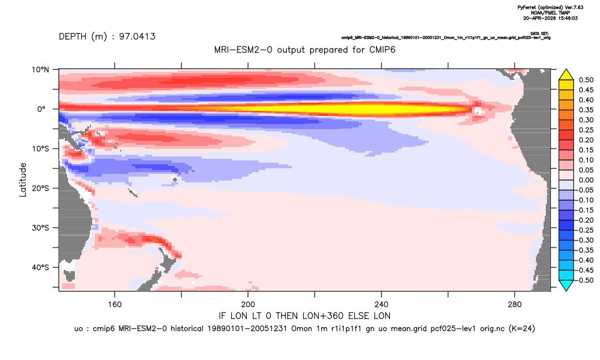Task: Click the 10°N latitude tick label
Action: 40,70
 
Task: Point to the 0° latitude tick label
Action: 41,109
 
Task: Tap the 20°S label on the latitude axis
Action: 40,188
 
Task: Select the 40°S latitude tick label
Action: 40,267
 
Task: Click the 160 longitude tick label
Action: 115,305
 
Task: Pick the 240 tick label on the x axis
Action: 381,305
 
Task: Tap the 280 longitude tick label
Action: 515,305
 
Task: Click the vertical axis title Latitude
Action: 23,180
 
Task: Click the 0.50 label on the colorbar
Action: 586,80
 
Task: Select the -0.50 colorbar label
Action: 584,280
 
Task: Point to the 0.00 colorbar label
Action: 586,180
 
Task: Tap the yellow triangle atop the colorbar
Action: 566,75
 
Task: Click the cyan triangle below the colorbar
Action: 566,285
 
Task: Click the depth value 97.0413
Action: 137,37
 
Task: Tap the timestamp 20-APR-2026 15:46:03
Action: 550,18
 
